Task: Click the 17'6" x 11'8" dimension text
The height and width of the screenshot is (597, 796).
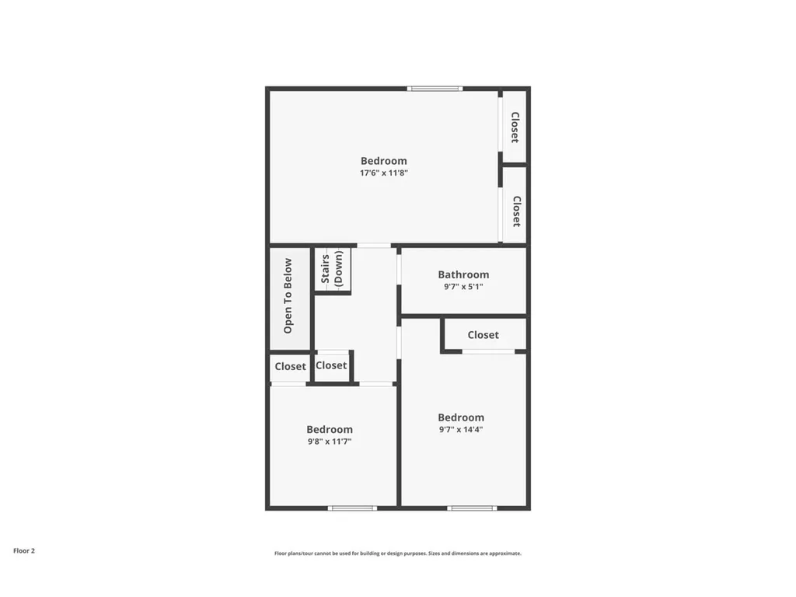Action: point(383,173)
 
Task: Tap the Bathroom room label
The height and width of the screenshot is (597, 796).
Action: point(463,274)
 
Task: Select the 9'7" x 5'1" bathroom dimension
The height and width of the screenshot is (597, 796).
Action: point(463,286)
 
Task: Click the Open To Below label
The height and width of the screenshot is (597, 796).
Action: point(288,296)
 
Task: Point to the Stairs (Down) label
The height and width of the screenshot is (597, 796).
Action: point(333,269)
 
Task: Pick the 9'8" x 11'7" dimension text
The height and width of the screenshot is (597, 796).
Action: point(329,442)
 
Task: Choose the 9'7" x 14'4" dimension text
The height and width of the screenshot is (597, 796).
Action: point(461,429)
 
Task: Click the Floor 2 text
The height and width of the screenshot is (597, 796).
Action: point(24,550)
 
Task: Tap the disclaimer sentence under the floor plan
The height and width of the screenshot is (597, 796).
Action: point(397,553)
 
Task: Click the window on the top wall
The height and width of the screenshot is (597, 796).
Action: point(435,89)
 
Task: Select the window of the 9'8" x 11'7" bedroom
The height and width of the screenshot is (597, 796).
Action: point(352,508)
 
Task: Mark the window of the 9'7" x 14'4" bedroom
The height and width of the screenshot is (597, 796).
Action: point(471,508)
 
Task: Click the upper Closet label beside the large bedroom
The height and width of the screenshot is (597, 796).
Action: point(515,127)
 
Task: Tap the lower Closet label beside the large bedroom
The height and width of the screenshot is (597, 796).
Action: point(515,211)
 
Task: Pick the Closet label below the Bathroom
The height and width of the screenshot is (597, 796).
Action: point(483,335)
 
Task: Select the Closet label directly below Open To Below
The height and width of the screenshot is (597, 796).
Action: point(290,366)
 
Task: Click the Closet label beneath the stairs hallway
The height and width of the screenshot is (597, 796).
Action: point(331,365)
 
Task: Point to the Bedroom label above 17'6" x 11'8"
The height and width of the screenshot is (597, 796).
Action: point(383,161)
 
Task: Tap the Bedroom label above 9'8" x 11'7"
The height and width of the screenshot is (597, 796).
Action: point(329,429)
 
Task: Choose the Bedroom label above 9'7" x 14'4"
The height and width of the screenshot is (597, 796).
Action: point(461,417)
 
